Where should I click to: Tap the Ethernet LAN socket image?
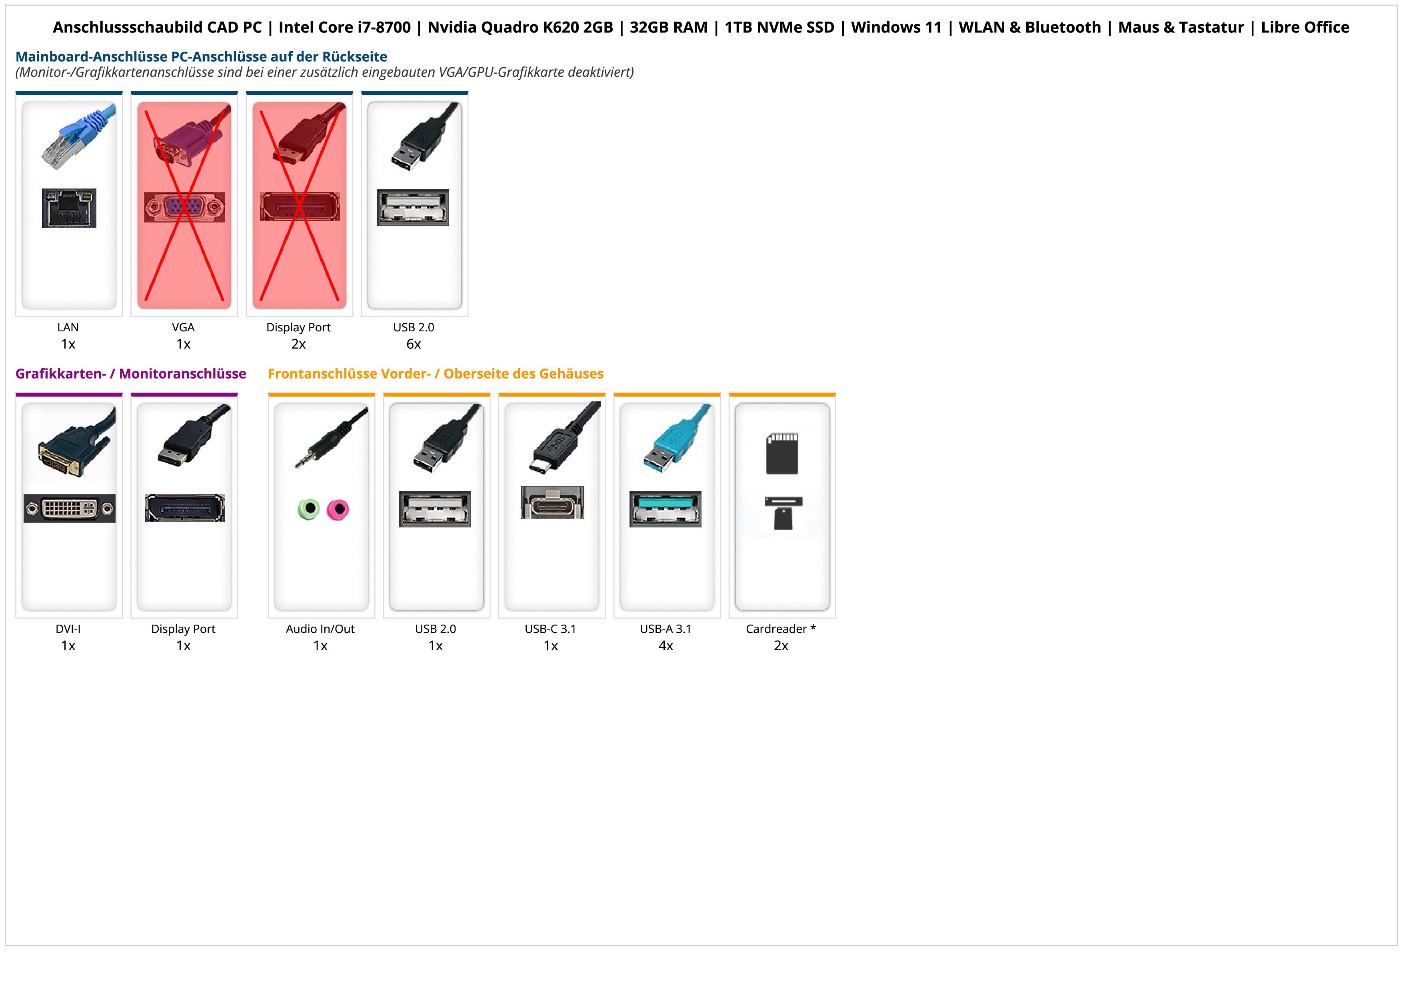point(69,208)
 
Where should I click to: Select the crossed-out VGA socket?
point(184,207)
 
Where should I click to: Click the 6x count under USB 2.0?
point(414,344)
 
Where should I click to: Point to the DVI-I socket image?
point(69,508)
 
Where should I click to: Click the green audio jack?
point(309,509)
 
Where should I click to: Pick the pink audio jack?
point(337,509)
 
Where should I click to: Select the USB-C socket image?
point(552,503)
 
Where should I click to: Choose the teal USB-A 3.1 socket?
point(666,509)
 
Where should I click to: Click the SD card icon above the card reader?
point(782,453)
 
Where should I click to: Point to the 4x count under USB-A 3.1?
point(666,646)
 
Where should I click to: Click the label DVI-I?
point(68,629)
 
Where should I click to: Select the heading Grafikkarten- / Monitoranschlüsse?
point(131,374)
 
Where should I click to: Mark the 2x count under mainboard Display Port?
point(298,344)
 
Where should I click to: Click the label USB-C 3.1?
point(551,629)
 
